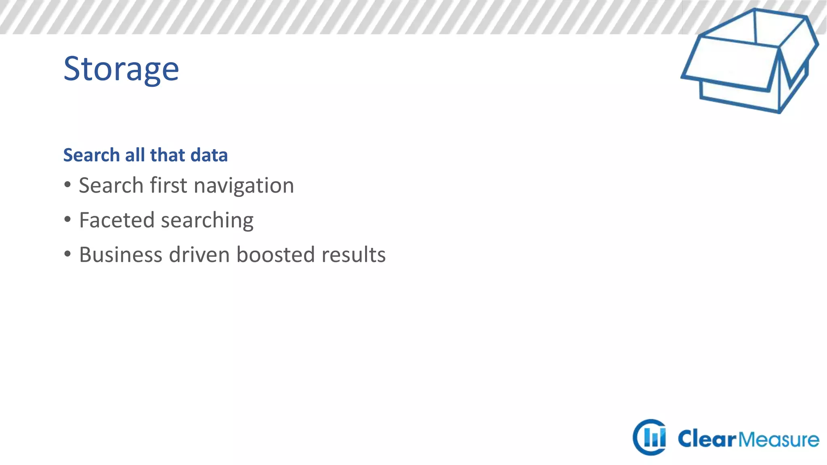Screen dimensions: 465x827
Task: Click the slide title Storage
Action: (121, 69)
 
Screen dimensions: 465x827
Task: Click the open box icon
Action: (750, 61)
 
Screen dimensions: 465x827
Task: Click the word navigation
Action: (243, 186)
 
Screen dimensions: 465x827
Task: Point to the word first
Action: (168, 186)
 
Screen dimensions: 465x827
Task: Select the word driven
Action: (199, 255)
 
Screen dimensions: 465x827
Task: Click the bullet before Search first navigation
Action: (67, 185)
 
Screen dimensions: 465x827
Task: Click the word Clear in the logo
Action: (707, 439)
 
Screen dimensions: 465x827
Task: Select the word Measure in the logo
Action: (779, 439)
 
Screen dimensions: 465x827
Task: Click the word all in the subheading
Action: (134, 155)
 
